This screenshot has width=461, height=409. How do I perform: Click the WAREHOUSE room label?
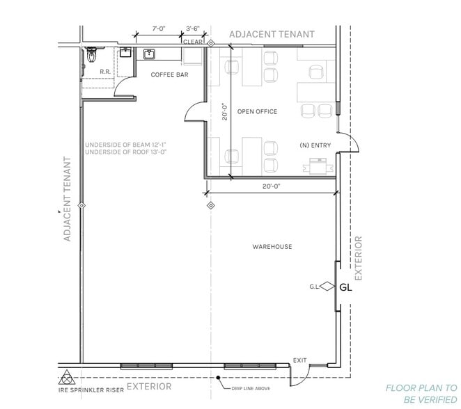(272, 247)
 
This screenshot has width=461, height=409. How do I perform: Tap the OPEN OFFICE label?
(257, 111)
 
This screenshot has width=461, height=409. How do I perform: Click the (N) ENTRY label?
(314, 145)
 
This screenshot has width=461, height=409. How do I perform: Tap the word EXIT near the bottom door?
(299, 360)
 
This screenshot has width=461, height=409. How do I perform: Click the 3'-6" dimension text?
(193, 30)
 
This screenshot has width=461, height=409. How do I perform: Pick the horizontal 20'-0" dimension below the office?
(272, 186)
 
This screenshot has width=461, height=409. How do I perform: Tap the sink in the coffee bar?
(149, 54)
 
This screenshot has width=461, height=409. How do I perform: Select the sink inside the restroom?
(125, 51)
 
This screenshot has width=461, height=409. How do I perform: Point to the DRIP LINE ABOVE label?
(251, 388)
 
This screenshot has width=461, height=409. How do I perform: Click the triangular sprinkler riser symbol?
(66, 379)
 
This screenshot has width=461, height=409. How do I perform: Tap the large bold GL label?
(346, 287)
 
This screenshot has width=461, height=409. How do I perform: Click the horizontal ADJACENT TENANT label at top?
(272, 33)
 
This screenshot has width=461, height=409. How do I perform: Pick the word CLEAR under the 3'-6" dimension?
(193, 42)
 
